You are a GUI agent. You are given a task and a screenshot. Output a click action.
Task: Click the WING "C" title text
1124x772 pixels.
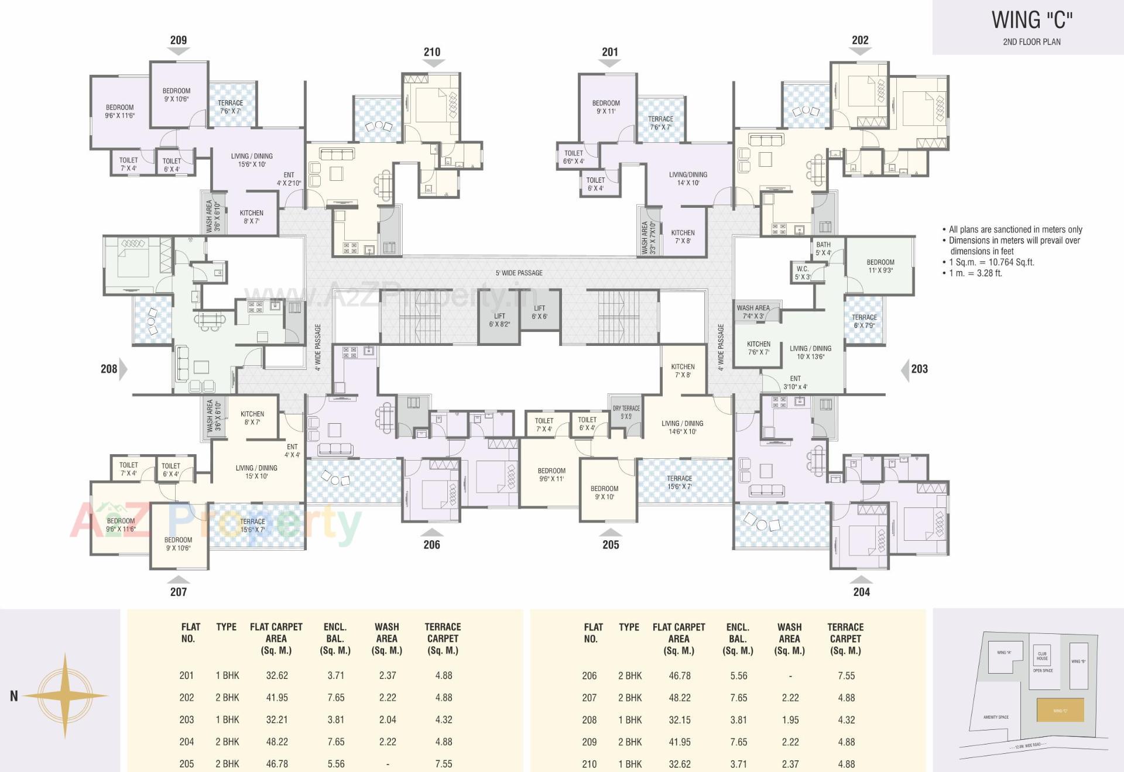1032,20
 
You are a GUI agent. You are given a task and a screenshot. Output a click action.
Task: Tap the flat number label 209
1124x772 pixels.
179,40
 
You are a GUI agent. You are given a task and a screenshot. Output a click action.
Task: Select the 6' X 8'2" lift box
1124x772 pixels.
499,320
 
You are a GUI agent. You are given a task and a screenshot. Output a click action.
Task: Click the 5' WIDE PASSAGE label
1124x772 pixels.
519,273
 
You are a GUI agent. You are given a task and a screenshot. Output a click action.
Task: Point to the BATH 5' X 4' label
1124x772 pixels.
823,249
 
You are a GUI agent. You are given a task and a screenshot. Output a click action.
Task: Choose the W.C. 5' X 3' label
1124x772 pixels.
803,273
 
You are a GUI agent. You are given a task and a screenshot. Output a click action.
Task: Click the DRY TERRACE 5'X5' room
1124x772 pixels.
626,412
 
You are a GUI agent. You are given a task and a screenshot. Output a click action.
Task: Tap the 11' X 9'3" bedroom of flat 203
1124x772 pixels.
880,266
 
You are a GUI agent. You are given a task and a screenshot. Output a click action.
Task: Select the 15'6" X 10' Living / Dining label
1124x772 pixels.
252,160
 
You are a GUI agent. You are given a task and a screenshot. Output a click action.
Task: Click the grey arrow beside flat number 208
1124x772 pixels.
123,369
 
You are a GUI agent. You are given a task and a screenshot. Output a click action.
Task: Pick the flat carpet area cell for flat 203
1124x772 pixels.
277,720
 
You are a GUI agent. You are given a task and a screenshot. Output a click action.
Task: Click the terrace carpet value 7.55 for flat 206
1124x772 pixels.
846,676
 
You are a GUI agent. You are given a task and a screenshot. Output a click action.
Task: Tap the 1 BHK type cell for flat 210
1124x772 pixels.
630,764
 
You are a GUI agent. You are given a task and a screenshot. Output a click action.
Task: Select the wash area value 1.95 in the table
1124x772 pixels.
790,720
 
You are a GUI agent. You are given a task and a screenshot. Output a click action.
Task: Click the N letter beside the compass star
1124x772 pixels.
14,696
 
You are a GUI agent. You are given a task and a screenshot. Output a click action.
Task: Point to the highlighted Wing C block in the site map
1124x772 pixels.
1060,710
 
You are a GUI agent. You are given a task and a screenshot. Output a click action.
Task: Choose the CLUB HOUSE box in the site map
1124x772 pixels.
1042,656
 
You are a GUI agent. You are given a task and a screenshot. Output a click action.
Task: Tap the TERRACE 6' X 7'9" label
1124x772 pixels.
864,321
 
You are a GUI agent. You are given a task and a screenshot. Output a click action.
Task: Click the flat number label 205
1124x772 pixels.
611,544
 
